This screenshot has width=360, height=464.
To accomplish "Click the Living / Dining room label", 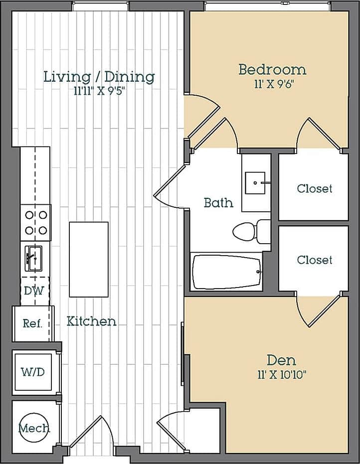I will [99, 77].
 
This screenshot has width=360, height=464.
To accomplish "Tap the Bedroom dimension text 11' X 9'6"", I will [272, 84].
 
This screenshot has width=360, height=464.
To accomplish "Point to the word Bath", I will [218, 203].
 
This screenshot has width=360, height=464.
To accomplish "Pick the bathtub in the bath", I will [227, 272].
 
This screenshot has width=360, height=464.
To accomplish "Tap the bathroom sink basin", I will [257, 182].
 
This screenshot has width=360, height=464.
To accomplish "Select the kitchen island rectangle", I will [89, 259].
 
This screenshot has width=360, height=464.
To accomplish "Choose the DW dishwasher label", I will [31, 290].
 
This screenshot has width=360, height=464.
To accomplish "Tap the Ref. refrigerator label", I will [32, 323].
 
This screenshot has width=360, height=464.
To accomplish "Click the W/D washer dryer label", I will [32, 372].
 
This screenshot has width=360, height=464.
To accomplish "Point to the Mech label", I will [34, 428].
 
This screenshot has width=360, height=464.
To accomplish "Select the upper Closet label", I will [314, 188].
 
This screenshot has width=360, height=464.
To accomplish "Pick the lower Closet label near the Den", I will [314, 260].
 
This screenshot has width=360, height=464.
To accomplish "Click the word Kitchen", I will [91, 321].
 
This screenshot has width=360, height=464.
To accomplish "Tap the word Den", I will [281, 360].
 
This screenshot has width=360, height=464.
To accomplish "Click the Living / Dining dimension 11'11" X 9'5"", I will [99, 91].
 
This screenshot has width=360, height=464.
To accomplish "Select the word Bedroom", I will [272, 69].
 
